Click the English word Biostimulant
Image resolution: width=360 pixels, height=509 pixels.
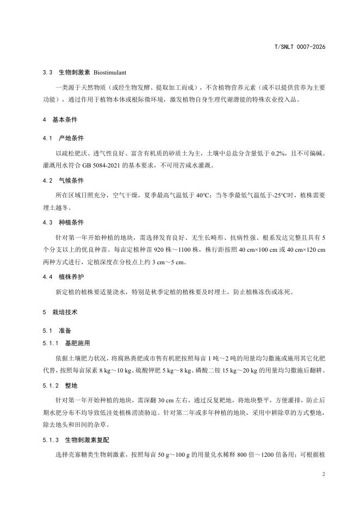tap(111, 72)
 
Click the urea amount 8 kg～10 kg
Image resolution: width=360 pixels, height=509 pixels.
tap(124, 371)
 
